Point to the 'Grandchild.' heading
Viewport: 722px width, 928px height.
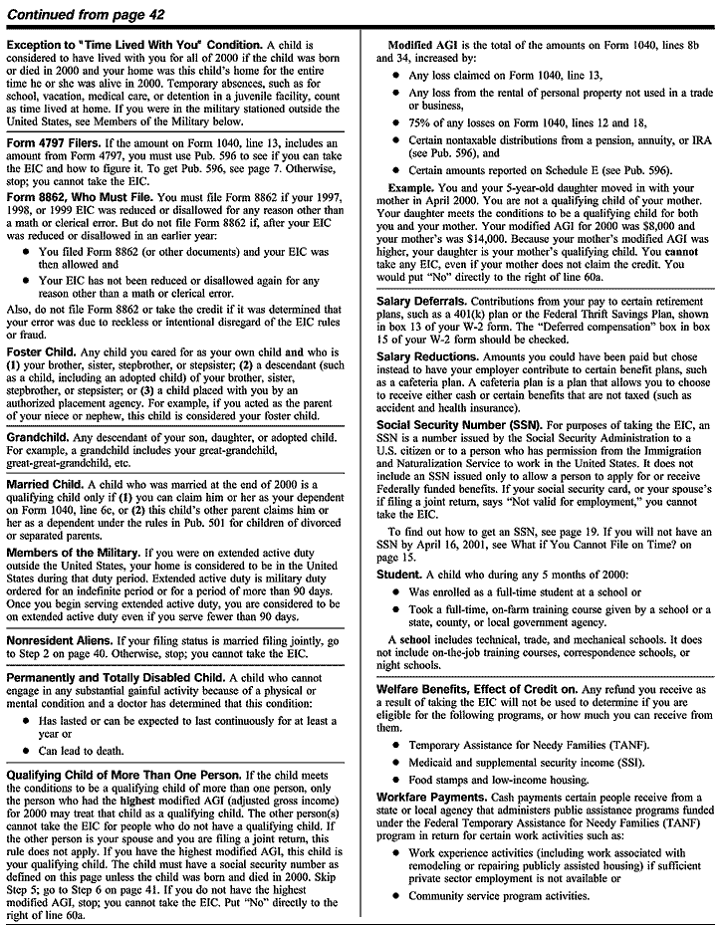pyautogui.click(x=39, y=437)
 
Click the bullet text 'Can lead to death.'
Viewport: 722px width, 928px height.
pyautogui.click(x=84, y=751)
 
